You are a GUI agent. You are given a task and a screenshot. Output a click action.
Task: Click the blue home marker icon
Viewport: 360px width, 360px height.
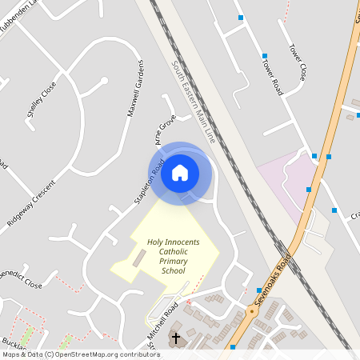tap(180, 172)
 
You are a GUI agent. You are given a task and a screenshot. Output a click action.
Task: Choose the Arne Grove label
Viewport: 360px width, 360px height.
tap(165, 131)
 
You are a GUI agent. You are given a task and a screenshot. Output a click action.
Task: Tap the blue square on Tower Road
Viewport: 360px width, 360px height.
tap(264, 56)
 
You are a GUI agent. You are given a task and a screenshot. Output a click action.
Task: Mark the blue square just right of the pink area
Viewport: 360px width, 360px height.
tap(309, 190)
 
